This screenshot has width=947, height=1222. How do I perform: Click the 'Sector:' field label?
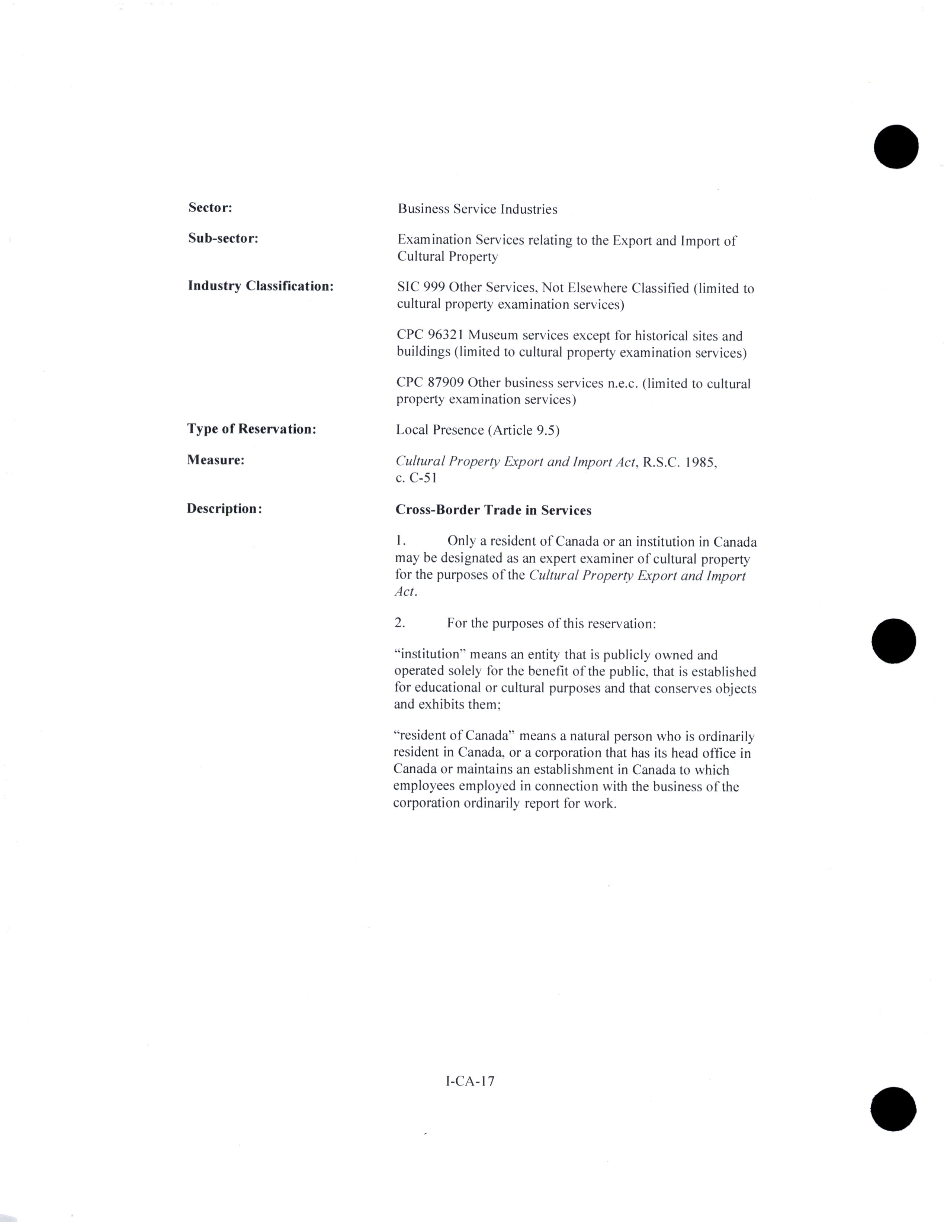pos(210,207)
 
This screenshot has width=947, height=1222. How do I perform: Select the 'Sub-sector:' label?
pos(223,238)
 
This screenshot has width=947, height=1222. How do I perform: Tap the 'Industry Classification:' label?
pos(260,286)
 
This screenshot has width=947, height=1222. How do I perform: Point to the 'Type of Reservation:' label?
pos(251,429)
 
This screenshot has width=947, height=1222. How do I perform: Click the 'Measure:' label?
pos(215,460)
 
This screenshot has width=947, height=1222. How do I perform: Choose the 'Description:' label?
pos(224,509)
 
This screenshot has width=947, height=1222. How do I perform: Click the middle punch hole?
pos(894,641)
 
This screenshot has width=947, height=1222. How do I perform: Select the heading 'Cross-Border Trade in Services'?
pos(493,510)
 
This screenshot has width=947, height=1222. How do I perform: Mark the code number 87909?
pos(446,383)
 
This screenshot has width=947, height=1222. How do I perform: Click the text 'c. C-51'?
pos(416,478)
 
